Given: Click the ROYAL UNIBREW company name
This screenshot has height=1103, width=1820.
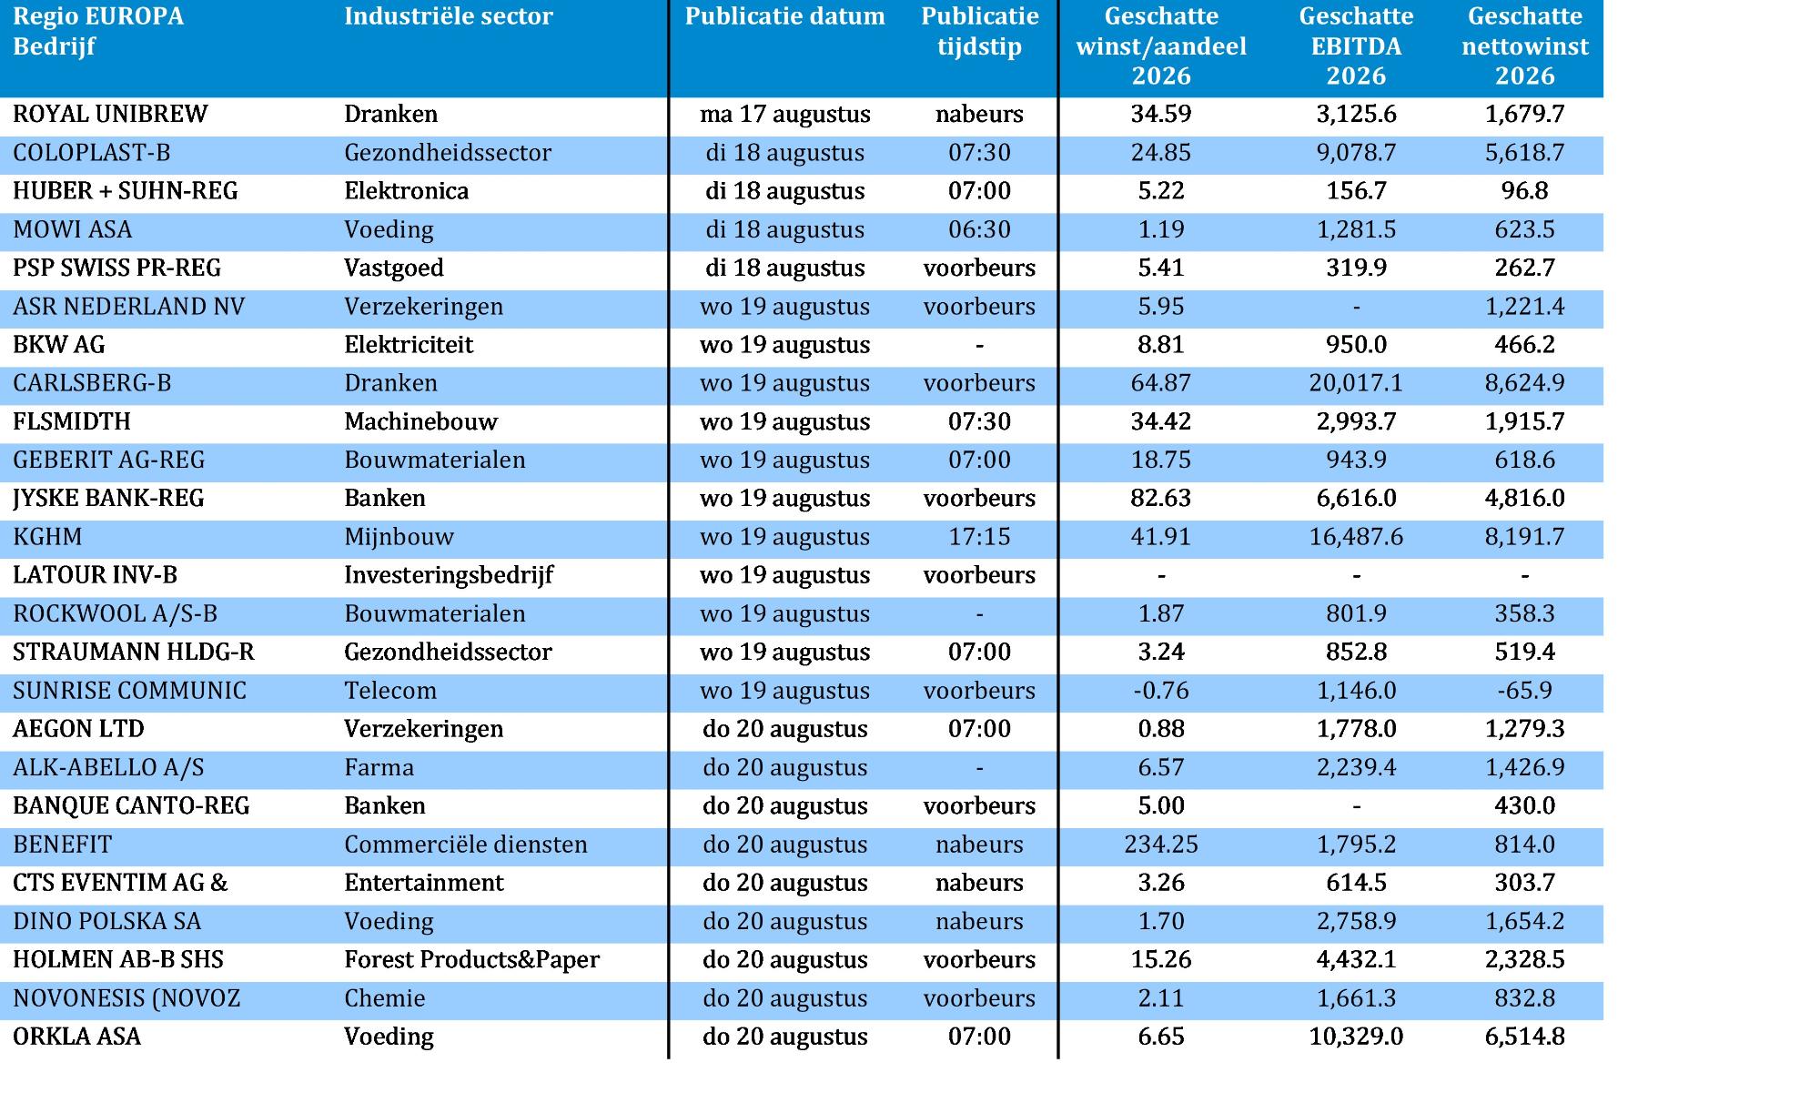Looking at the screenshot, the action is pyautogui.click(x=110, y=114).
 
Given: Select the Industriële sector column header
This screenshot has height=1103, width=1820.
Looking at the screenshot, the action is pyautogui.click(x=449, y=16).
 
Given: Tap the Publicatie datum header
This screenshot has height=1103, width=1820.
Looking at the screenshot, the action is pyautogui.click(x=785, y=16).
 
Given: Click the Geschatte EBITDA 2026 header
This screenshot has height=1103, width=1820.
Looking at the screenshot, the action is pyautogui.click(x=1356, y=46).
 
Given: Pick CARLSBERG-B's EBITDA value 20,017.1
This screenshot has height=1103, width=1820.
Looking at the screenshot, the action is pyautogui.click(x=1356, y=383).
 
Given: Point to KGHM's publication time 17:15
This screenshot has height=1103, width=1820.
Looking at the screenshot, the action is pyautogui.click(x=979, y=537).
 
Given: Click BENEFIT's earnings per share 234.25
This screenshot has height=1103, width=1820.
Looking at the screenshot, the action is pyautogui.click(x=1161, y=845).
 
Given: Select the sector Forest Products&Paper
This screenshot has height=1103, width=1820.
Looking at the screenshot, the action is pyautogui.click(x=471, y=960).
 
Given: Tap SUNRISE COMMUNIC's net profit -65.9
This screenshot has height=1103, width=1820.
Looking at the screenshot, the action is pyautogui.click(x=1525, y=691).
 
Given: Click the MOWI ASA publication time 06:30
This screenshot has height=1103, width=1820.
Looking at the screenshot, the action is pyautogui.click(x=979, y=229).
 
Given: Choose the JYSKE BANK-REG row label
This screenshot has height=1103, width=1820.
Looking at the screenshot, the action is pyautogui.click(x=108, y=499).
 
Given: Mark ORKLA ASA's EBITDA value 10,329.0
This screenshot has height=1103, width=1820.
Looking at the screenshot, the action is pyautogui.click(x=1356, y=1037).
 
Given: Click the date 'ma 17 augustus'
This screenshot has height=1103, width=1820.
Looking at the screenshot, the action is pyautogui.click(x=785, y=114).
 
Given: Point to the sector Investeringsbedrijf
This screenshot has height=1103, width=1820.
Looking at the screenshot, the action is pyautogui.click(x=449, y=575).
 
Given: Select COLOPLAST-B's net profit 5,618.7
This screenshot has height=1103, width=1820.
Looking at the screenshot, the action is pyautogui.click(x=1525, y=152).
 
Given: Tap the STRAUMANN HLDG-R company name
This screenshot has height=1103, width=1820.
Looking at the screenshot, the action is pyautogui.click(x=134, y=653).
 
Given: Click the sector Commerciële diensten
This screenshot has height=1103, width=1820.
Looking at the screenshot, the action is pyautogui.click(x=466, y=845).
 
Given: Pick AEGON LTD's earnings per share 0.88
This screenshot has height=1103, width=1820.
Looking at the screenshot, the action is pyautogui.click(x=1161, y=729).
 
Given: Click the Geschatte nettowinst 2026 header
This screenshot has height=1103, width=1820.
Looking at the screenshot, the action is pyautogui.click(x=1525, y=46).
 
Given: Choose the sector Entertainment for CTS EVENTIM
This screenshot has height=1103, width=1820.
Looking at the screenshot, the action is pyautogui.click(x=424, y=883).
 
